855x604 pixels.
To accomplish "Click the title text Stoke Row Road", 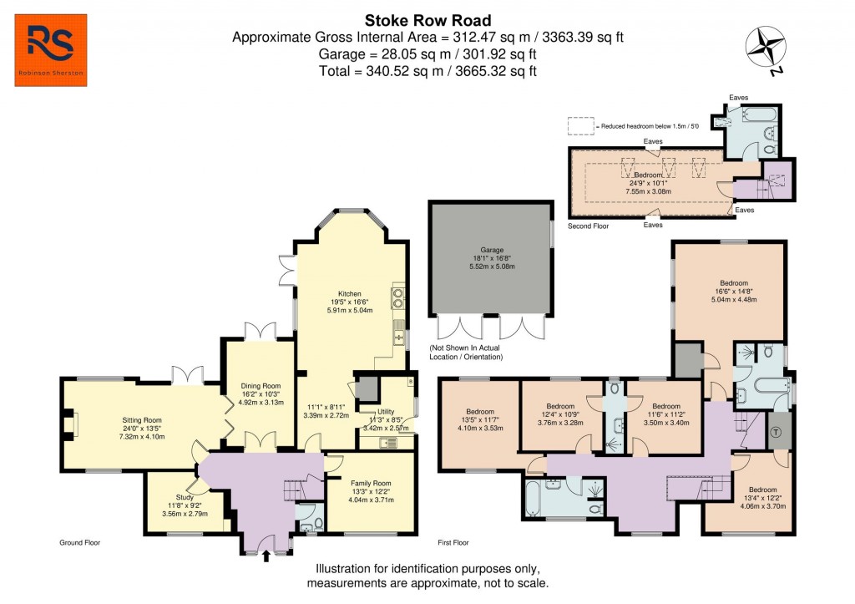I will point(427,20).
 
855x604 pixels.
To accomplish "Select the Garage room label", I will point(490,248).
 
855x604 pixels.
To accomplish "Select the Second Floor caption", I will point(589,226).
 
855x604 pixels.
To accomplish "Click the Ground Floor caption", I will point(80,542).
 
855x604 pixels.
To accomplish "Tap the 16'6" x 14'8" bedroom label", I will point(729,282).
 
